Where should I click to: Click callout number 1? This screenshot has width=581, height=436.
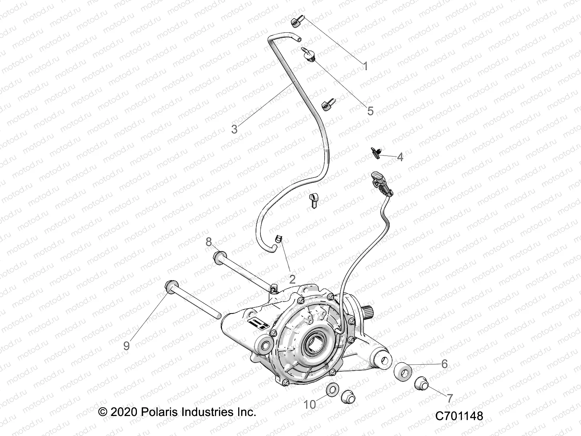tap(366, 66)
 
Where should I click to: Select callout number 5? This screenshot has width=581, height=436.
tap(370, 111)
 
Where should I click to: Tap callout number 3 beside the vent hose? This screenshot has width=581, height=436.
tap(235, 129)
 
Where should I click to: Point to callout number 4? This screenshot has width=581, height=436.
tap(400, 157)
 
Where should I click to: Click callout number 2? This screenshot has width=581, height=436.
tap(292, 279)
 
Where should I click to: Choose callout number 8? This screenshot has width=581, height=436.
tap(209, 242)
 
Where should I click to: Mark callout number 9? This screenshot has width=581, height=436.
tap(126, 345)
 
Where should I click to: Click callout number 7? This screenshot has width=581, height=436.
tap(450, 398)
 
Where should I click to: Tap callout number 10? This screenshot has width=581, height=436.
tap(310, 404)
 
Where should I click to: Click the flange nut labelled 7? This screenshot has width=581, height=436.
tap(422, 384)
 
